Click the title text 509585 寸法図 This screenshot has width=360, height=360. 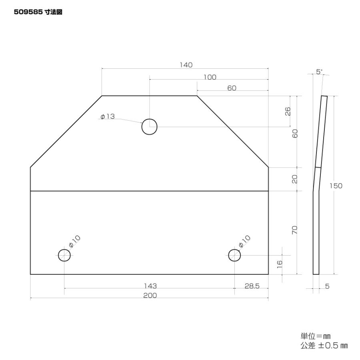click(38, 12)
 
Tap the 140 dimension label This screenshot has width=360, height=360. click(186, 65)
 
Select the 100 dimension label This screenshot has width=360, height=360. click(210, 77)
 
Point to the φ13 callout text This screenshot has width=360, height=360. click(108, 116)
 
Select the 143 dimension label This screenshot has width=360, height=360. click(150, 286)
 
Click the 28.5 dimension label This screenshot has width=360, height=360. click(252, 286)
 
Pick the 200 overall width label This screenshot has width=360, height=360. click(150, 295)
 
